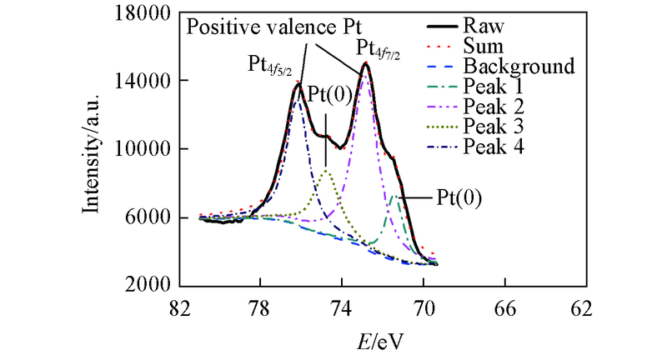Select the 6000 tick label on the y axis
pyautogui.click(x=148, y=217)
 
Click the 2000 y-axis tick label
pyautogui.click(x=148, y=285)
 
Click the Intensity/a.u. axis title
pyautogui.click(x=93, y=150)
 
